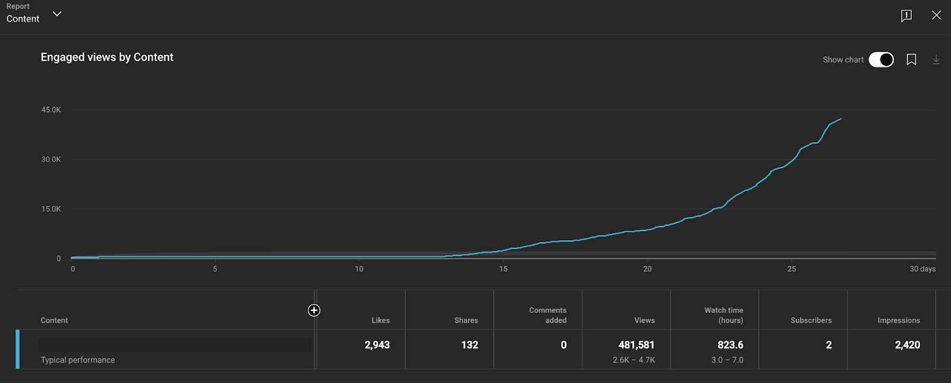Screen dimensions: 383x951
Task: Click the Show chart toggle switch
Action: coord(881,59)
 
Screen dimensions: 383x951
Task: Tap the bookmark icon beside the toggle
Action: coord(911,59)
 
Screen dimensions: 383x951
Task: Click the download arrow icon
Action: coord(936,59)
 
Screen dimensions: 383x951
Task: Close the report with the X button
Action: coord(936,15)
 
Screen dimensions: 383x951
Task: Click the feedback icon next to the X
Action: coord(906,16)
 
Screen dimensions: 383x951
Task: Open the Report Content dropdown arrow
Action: coord(57,14)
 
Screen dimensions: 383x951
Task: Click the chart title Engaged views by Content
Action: coord(107,57)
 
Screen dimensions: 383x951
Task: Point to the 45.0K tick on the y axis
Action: coord(51,110)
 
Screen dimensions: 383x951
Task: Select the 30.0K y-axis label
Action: coord(51,159)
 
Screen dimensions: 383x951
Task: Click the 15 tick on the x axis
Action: coord(503,269)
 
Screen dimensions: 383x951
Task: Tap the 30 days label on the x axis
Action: coord(922,269)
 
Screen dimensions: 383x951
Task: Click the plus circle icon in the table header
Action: coord(314,310)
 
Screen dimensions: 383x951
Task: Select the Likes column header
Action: coord(380,320)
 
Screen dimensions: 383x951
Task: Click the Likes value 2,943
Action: coord(377,345)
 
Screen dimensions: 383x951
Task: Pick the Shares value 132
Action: coord(470,345)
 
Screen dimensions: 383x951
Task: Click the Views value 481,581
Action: coord(636,345)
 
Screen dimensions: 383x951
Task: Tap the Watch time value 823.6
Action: coord(730,345)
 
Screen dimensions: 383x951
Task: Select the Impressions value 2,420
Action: coord(907,345)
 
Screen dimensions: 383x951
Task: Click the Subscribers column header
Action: coord(811,320)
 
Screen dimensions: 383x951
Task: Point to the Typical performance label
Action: coord(78,360)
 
